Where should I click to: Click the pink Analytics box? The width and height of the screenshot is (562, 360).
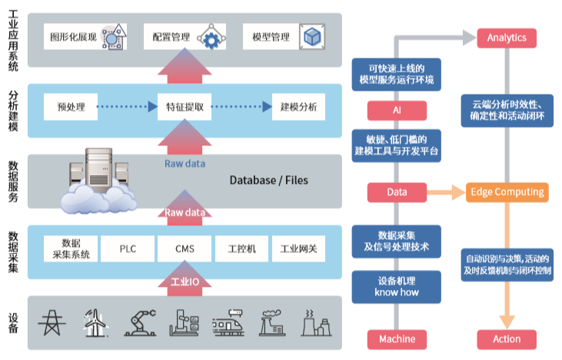[x=507, y=38]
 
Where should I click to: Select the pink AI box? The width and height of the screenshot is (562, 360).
[x=397, y=110]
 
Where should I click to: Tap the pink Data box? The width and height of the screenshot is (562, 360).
[x=397, y=192]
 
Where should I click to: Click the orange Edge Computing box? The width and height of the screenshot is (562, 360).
[x=507, y=192]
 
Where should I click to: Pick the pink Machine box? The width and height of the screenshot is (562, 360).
[x=397, y=338]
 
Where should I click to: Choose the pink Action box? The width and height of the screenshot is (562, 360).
[x=507, y=338]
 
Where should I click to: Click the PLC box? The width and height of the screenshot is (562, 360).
[x=128, y=249]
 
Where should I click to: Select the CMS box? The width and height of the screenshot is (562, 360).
[x=185, y=249]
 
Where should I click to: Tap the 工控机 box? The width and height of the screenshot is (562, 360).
[x=242, y=249]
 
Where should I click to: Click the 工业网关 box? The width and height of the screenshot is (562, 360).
[x=298, y=249]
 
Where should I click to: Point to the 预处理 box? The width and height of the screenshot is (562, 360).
[x=71, y=106]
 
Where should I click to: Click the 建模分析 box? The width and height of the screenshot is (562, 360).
[x=298, y=106]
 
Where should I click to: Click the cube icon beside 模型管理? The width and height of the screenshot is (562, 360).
[x=311, y=37]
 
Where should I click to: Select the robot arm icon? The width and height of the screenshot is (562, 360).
[x=138, y=322]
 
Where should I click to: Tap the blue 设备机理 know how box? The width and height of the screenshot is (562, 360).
[x=397, y=286]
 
